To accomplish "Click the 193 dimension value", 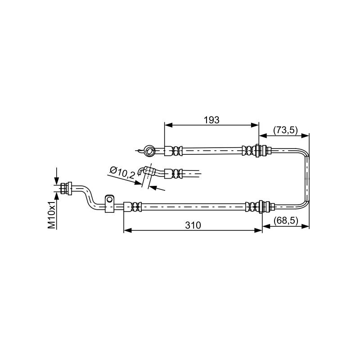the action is (211, 120).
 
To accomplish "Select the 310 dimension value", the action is (193, 225).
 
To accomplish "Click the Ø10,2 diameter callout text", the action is (122, 173).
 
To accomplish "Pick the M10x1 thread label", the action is (52, 215).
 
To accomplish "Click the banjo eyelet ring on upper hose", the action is (149, 151).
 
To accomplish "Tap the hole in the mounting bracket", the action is (109, 199).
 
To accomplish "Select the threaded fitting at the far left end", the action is (66, 189).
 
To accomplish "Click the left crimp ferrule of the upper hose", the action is (173, 151).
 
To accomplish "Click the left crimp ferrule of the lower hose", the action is (132, 207).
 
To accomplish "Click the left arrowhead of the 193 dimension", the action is (168, 125).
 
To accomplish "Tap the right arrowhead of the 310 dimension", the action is (258, 230).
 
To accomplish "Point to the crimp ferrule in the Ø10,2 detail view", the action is (174, 174).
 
